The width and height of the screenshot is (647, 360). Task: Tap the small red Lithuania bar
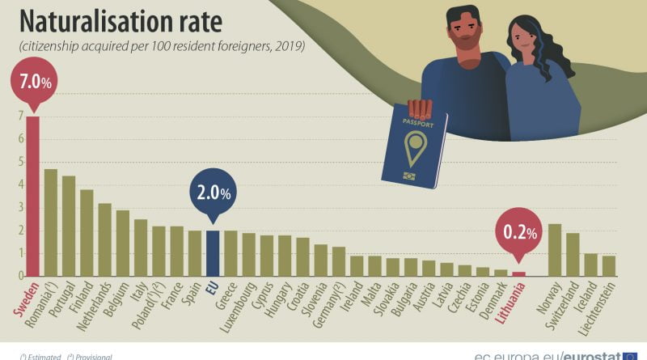[x=518, y=273]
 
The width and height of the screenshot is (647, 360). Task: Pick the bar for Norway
[x=555, y=250]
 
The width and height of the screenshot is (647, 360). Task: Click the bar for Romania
[x=50, y=222]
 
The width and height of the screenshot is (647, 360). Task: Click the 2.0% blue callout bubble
[x=212, y=193]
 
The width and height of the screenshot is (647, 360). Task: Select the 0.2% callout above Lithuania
[x=520, y=233]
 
